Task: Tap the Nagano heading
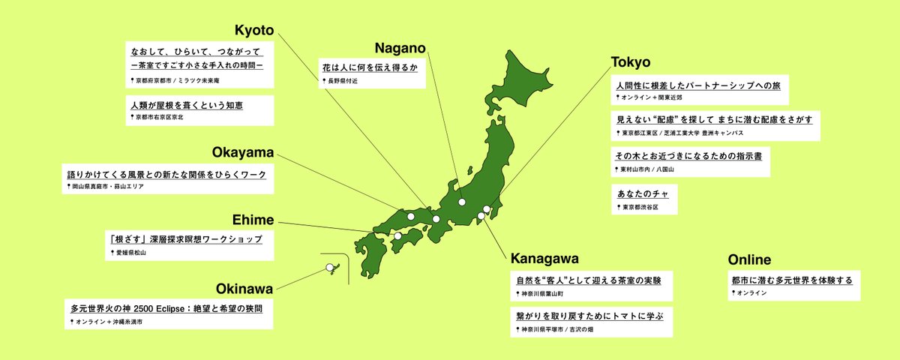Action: click(400, 48)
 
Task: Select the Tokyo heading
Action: click(630, 61)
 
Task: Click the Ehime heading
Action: click(253, 220)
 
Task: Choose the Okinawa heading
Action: click(244, 288)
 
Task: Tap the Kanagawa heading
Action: click(544, 259)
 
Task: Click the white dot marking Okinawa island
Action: click(329, 268)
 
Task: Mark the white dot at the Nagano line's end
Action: click(463, 202)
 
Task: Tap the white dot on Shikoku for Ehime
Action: click(397, 236)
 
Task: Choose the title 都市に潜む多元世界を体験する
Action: click(791, 280)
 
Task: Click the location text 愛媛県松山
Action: click(130, 253)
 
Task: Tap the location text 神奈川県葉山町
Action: click(545, 294)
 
